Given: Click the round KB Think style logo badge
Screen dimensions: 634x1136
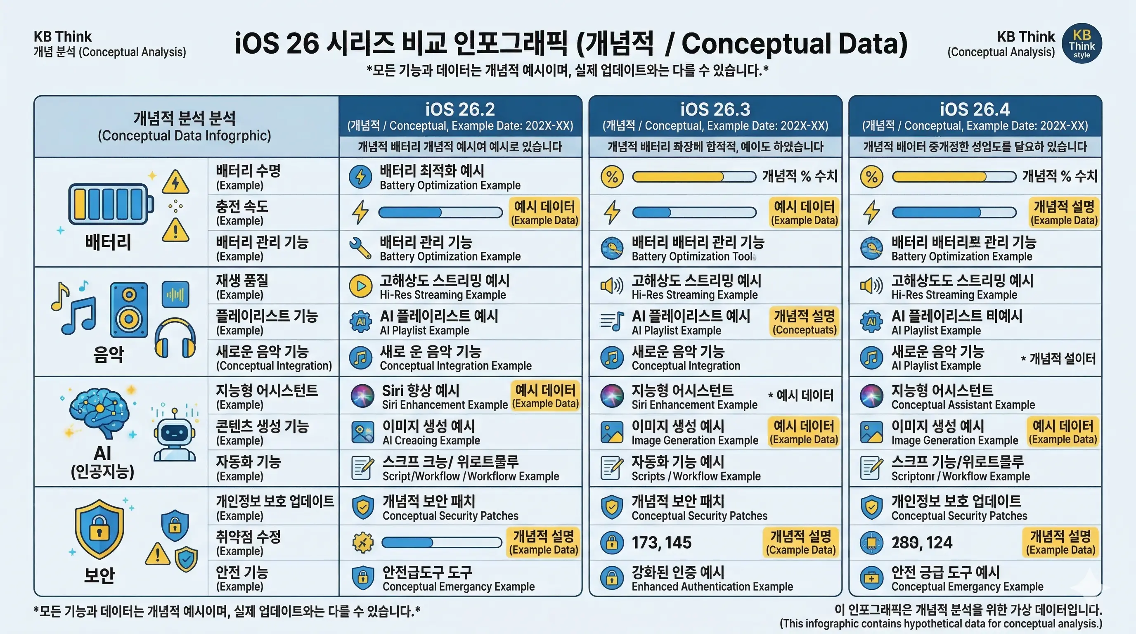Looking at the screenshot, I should click(1082, 43).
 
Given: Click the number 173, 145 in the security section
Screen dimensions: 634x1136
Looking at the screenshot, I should click(661, 542).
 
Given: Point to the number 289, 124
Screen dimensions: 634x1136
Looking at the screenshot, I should click(922, 542).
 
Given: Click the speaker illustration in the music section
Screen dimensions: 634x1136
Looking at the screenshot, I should click(129, 310).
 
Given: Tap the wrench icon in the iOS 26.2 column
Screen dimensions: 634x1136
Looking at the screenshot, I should click(360, 248).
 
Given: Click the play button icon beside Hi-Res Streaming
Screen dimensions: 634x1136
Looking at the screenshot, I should click(360, 286).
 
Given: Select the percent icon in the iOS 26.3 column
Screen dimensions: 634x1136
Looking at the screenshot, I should click(612, 177).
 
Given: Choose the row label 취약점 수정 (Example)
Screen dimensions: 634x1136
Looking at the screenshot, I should click(248, 543).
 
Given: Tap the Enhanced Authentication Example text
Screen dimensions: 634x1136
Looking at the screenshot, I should click(712, 587).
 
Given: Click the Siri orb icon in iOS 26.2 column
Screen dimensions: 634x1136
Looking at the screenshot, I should click(362, 395).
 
